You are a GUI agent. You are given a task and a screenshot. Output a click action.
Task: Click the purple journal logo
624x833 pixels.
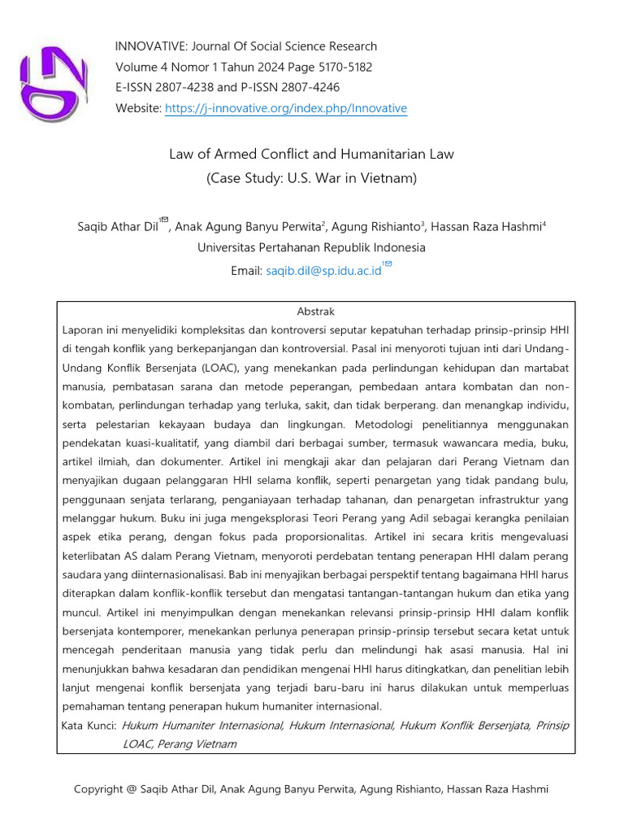point(53,82)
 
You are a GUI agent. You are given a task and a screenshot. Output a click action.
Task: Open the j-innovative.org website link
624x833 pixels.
point(285,109)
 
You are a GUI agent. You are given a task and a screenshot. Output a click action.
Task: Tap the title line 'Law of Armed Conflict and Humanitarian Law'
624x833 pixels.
point(311,154)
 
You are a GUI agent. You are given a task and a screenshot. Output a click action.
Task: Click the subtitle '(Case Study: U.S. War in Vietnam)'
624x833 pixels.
point(311,177)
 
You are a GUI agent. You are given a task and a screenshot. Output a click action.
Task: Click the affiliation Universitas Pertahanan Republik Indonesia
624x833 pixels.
point(311,248)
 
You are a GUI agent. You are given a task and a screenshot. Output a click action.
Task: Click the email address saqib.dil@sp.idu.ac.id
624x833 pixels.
point(323,272)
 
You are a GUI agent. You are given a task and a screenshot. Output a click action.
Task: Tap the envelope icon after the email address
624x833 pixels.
point(388,264)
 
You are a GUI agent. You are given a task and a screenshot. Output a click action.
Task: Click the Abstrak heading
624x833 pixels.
point(315,312)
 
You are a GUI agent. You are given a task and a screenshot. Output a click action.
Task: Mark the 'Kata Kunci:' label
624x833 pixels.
point(89,726)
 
